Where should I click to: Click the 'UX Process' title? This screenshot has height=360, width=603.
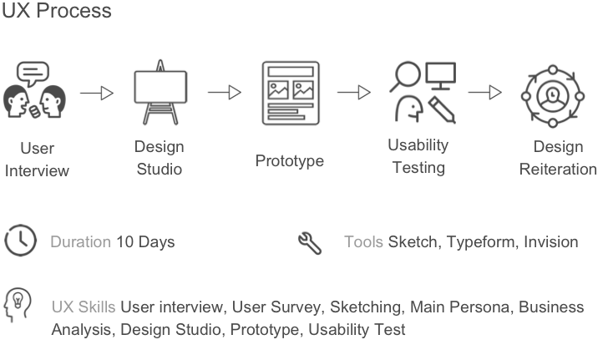(57, 10)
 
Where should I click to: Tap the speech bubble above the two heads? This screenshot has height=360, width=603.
(33, 73)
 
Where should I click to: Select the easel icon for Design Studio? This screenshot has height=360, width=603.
(160, 93)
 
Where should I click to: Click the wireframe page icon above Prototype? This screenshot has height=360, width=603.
(291, 93)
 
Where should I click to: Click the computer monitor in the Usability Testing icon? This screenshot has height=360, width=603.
(441, 76)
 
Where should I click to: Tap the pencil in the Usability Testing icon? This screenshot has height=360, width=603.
(442, 109)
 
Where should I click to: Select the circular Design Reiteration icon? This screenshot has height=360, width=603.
(553, 96)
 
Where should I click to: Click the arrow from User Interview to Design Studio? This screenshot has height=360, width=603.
(97, 93)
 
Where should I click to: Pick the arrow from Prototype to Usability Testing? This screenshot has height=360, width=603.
(354, 93)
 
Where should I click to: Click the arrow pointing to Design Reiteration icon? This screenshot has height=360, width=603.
(485, 93)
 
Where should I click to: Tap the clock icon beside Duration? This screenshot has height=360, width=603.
(20, 241)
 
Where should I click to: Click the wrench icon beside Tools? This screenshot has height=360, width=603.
(310, 243)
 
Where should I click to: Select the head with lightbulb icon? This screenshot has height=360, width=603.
(18, 305)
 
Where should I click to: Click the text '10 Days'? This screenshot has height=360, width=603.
(145, 242)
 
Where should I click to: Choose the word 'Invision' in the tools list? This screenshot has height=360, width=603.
(551, 242)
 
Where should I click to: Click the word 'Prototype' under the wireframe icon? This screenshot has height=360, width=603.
(290, 161)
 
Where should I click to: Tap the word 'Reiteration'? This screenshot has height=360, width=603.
(558, 170)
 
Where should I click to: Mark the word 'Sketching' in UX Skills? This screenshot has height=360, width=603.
(365, 307)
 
